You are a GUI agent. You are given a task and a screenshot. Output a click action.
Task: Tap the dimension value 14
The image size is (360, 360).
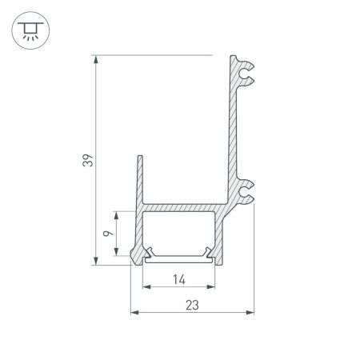click(x=178, y=279)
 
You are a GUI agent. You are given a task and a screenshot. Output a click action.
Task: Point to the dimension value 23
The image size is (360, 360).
click(x=192, y=305)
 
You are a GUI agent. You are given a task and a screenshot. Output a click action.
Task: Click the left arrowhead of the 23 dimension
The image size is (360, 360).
click(x=134, y=311)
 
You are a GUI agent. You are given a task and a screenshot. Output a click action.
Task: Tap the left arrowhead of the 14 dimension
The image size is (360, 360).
click(x=146, y=286)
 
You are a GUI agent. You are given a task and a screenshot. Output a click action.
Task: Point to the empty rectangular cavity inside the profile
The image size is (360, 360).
click(x=178, y=231)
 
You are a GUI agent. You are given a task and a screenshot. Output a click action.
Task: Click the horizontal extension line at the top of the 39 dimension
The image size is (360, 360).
click(x=152, y=55)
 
